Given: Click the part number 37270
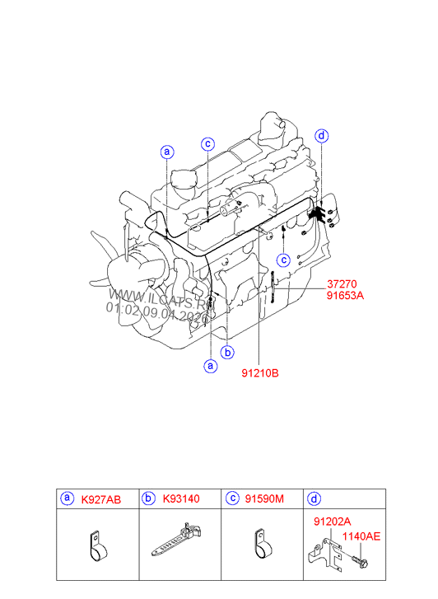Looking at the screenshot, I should (x=344, y=283).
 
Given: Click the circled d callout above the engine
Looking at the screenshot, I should (x=322, y=136).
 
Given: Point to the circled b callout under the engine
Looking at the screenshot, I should (x=228, y=352).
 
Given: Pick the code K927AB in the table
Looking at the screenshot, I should (x=100, y=499).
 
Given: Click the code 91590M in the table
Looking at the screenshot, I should (x=266, y=499).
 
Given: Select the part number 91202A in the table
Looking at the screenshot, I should (x=332, y=522).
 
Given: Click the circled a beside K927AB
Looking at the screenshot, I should (x=66, y=498).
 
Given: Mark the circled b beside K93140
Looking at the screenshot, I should (x=149, y=498).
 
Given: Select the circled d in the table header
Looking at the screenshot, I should (x=314, y=498).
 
